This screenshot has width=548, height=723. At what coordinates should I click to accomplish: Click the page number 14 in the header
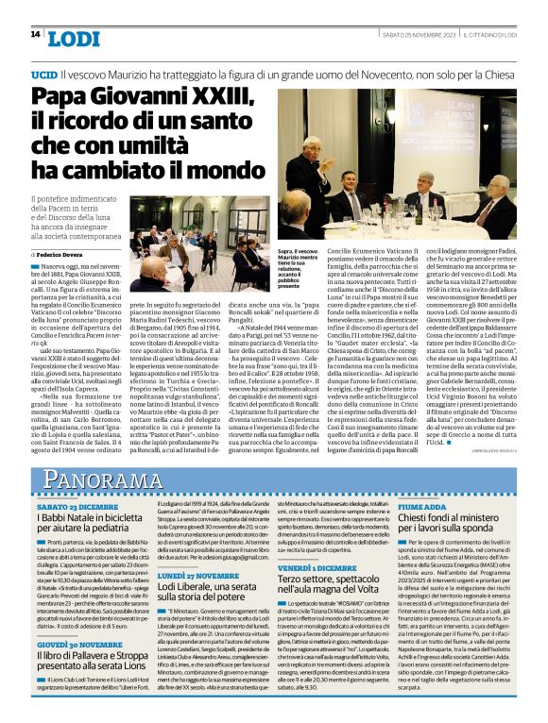coord(35,35)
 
